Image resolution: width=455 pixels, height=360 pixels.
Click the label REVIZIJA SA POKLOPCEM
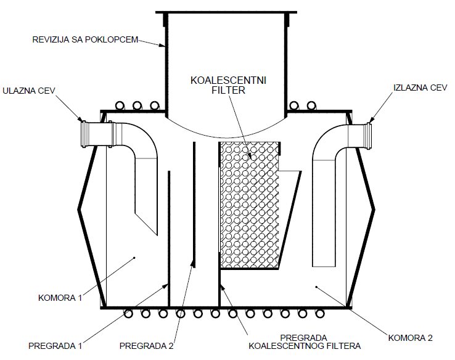coord(85,40)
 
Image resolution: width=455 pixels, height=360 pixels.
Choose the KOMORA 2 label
coord(411,337)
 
